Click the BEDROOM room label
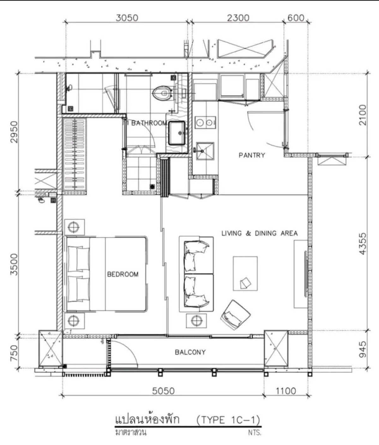point(123,274)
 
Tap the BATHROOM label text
point(149,123)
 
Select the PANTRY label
point(252,155)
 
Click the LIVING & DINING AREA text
point(260,233)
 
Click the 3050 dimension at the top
point(127,18)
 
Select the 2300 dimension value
point(238,18)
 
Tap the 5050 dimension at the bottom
point(163,391)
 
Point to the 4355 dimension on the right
point(363,244)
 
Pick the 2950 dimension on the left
point(14,132)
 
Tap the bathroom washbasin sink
point(177,133)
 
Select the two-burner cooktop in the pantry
point(205,123)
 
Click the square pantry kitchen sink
point(205,151)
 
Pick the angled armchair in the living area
point(235,315)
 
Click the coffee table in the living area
point(245,273)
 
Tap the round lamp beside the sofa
point(196,321)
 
